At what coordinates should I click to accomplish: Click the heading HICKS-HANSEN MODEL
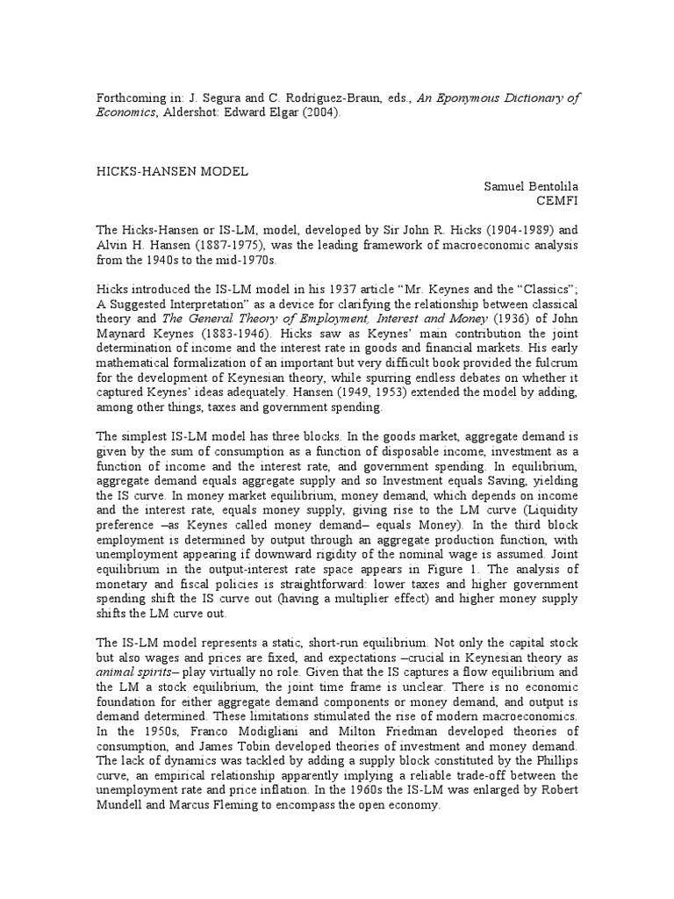(x=172, y=172)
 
